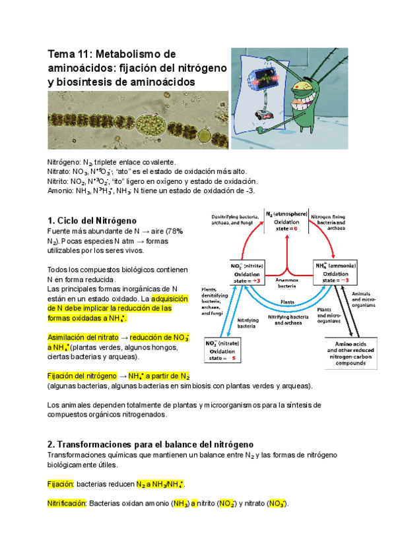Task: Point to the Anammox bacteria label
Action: click(286, 284)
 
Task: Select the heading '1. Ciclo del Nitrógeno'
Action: click(92, 220)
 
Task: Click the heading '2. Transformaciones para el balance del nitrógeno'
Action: click(150, 445)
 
